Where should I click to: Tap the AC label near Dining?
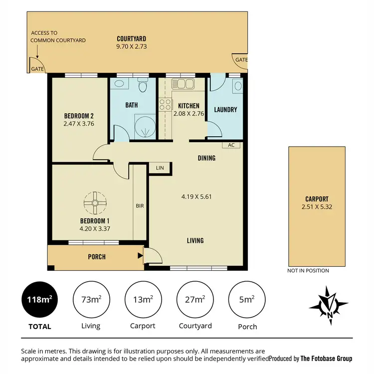coord(231,145)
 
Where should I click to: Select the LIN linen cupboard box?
coord(160,168)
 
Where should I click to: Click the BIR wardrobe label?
coord(140,205)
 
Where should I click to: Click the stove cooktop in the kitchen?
coord(165,105)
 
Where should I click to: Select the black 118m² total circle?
coord(39,300)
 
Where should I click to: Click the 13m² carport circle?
coord(143,300)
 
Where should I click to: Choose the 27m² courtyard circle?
coord(195,300)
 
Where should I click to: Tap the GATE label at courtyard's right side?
coord(241,59)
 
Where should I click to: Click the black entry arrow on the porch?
coord(140,257)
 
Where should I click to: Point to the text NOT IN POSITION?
coord(308,271)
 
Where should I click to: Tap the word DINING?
coord(206,158)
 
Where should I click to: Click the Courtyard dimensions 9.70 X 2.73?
coord(131,46)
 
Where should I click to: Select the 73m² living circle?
coord(91,300)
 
